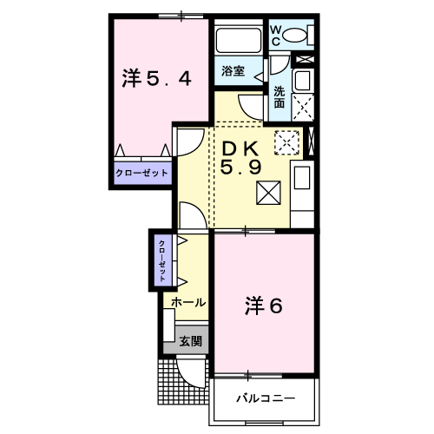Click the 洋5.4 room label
[x=156, y=78]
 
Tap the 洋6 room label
[x=263, y=306]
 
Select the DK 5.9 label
[x=240, y=158]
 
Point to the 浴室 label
[x=233, y=71]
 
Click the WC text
[x=276, y=36]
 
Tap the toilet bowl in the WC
[x=294, y=36]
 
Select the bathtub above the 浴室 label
[x=239, y=40]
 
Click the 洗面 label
[x=279, y=97]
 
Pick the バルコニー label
[x=266, y=398]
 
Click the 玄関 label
[x=190, y=341]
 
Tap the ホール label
[x=188, y=303]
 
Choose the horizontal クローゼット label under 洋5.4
[x=141, y=173]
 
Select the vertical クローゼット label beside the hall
[x=162, y=261]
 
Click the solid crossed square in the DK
[x=268, y=193]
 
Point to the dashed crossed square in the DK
[x=286, y=142]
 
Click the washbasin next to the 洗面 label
[x=303, y=80]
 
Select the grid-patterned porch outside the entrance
[x=183, y=382]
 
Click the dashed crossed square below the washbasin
[x=303, y=107]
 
